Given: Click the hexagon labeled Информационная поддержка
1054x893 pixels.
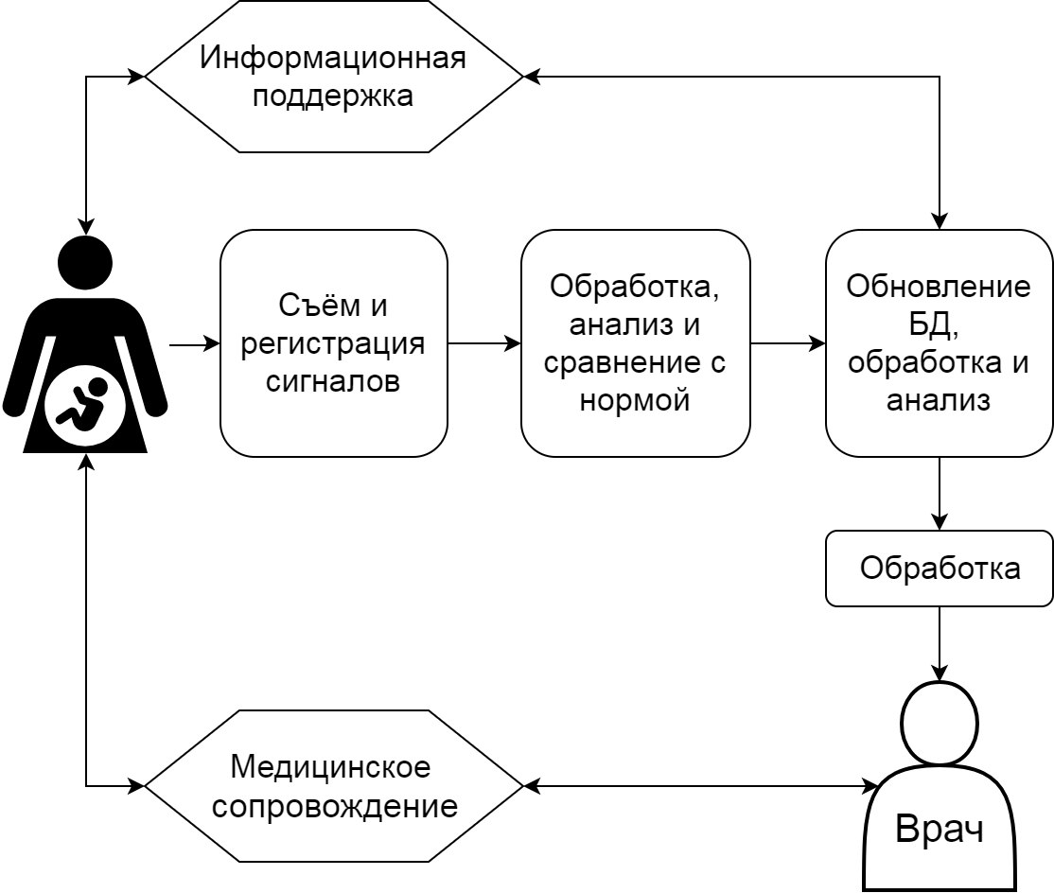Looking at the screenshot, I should (x=333, y=77).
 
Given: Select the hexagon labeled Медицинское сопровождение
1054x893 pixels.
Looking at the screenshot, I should (x=333, y=786).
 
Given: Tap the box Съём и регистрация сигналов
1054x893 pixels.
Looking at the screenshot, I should (x=333, y=343).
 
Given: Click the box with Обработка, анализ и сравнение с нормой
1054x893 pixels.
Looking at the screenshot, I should (x=635, y=343).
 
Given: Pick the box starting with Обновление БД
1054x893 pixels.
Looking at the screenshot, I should (x=939, y=343).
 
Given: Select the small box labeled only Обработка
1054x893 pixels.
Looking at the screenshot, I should (x=939, y=569).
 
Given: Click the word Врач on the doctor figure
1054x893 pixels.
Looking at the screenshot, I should (x=939, y=830).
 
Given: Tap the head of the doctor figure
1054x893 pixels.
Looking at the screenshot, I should (x=939, y=724).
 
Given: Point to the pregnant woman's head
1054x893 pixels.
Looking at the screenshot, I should (x=85, y=263).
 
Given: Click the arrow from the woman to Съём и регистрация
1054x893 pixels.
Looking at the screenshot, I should (x=195, y=345).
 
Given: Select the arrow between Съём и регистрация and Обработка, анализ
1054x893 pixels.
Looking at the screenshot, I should (x=483, y=343).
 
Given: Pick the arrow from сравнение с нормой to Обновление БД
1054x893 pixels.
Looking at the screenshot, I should (x=787, y=343).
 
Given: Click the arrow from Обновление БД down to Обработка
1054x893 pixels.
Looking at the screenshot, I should (x=939, y=494).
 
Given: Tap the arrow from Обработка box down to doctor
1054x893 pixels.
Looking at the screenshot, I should (x=939, y=643).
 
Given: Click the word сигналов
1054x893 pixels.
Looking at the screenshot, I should (x=333, y=381).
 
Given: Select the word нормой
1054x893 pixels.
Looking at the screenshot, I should (x=635, y=400).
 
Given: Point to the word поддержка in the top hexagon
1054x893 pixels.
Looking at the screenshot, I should (x=333, y=96).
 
